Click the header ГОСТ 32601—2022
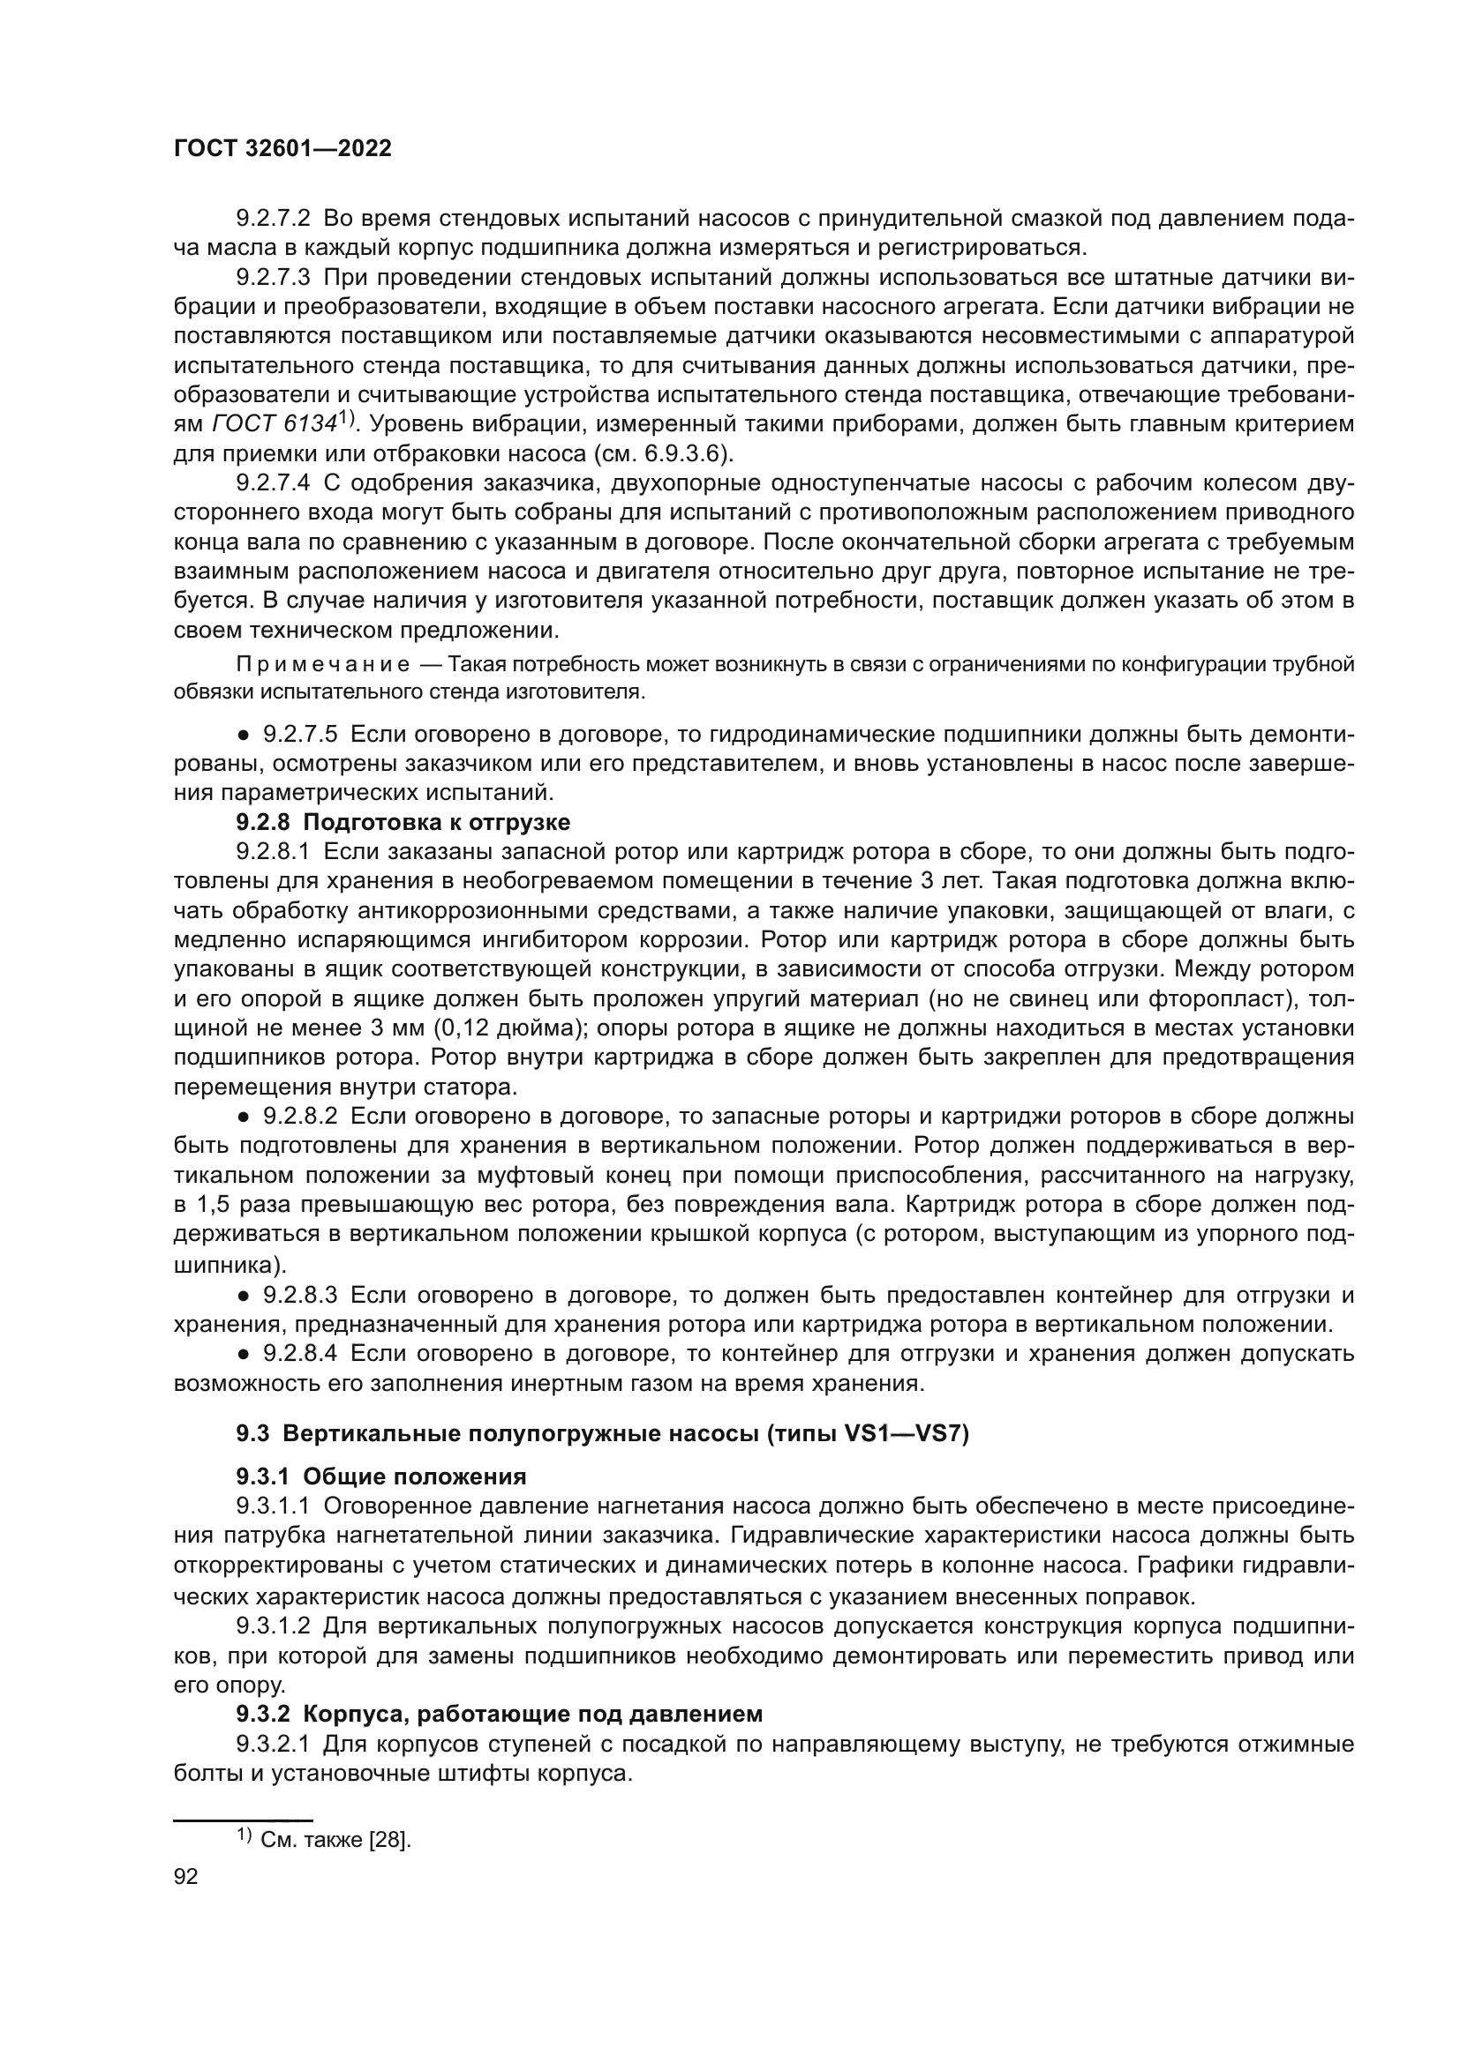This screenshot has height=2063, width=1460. (x=282, y=149)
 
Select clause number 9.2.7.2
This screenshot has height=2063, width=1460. (x=274, y=219)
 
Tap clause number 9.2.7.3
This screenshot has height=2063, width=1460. (x=274, y=278)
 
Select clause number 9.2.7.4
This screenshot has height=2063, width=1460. (x=274, y=482)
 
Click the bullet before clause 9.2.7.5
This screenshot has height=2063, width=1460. (x=243, y=736)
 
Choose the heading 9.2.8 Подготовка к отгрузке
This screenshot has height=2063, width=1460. (x=403, y=822)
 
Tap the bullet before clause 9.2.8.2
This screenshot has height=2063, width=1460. (x=243, y=1117)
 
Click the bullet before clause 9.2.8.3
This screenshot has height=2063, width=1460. (x=243, y=1296)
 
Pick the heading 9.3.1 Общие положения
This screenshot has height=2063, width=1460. (x=381, y=1477)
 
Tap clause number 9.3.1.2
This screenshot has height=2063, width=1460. (x=274, y=1626)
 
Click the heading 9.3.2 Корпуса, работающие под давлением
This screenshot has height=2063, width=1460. (x=499, y=1714)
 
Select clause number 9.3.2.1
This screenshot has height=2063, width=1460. (x=274, y=1744)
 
